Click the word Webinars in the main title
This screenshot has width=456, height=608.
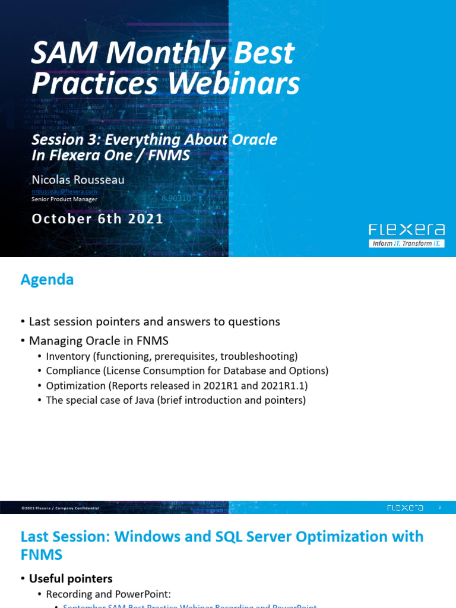coord(233,84)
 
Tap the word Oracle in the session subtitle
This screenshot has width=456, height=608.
coord(254,140)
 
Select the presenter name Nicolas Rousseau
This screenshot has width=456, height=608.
coord(78,179)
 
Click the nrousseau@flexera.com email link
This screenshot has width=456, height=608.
coord(64,191)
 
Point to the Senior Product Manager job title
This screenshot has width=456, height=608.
coord(64,199)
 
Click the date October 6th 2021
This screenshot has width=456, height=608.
coord(97,218)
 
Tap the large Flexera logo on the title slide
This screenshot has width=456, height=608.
coord(406,230)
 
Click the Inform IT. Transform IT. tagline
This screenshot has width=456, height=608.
coord(406,243)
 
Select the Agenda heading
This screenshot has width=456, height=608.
coord(47,280)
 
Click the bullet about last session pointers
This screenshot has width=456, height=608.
coord(154,322)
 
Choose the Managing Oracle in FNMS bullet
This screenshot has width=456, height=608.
coord(99,341)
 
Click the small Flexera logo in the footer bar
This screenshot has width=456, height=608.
coord(405,508)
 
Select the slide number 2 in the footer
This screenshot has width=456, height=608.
coord(440,508)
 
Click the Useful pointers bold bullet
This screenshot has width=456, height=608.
coord(71,578)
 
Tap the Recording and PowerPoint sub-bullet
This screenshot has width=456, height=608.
coord(108,594)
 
